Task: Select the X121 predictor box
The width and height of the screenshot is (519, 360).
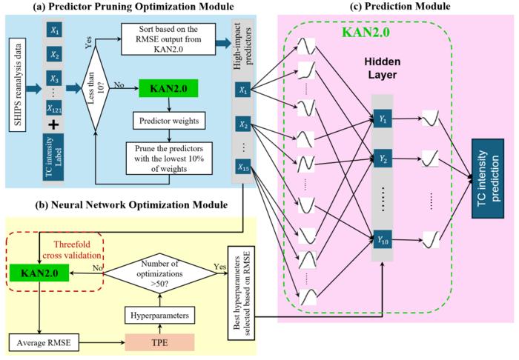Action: tap(55, 128)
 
